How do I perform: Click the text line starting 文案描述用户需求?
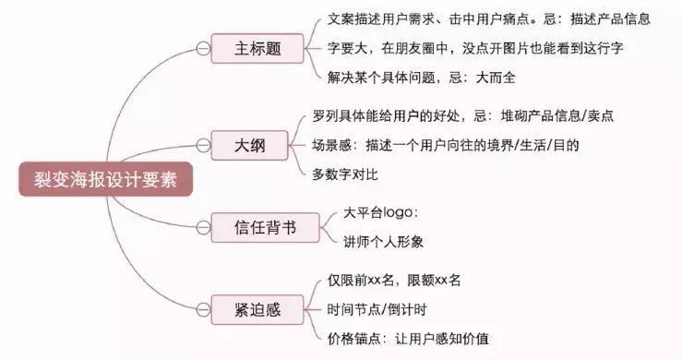(490, 18)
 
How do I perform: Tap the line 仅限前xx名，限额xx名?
(387, 280)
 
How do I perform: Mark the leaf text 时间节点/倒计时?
(369, 307)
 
